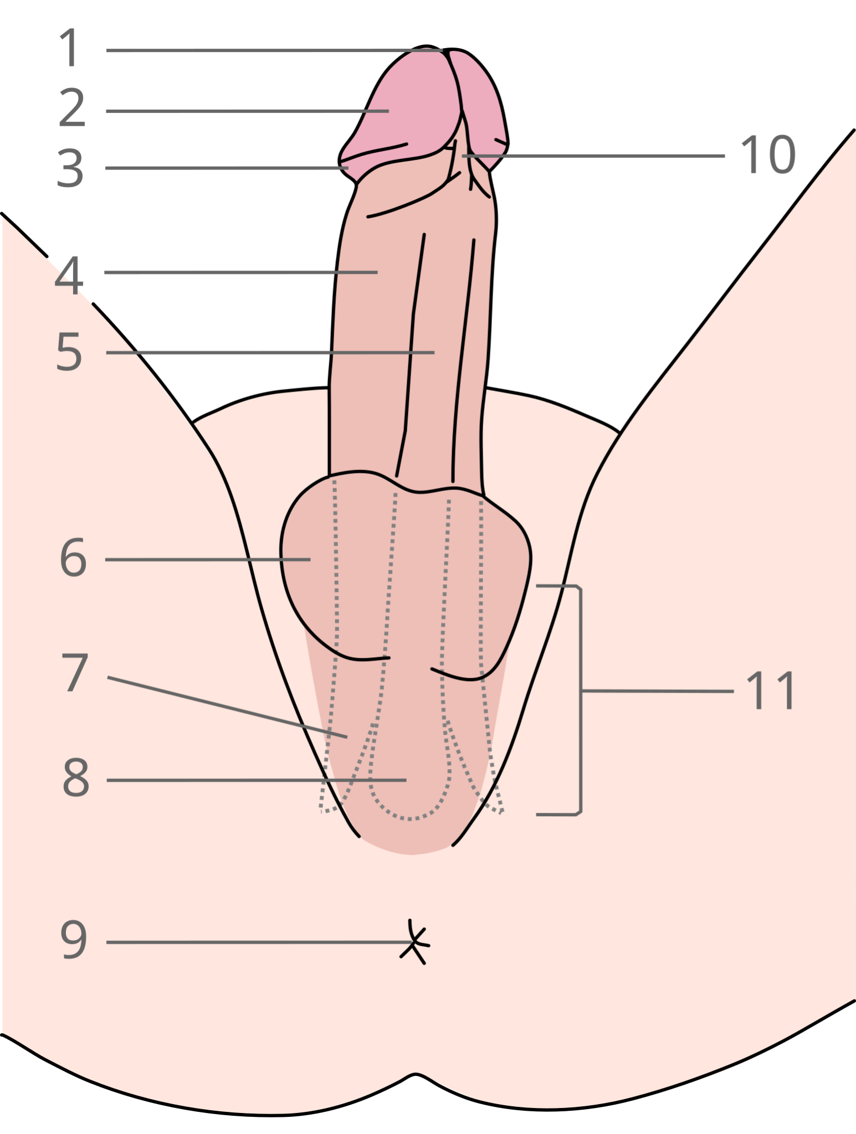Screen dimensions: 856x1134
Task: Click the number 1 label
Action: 70,48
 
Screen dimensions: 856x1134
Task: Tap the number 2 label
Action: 72,107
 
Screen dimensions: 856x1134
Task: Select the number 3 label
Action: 70,168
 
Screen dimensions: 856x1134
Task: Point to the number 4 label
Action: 69,275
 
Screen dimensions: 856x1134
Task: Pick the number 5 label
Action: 69,352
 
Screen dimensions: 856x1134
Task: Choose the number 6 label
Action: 73,558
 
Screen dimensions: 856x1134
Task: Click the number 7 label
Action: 75,672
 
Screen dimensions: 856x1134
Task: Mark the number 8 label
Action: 76,778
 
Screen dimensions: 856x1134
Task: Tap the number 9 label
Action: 74,939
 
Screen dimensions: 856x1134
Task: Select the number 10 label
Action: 768,154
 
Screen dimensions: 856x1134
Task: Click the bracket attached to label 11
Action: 581,700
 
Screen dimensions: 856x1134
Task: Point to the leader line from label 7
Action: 227,707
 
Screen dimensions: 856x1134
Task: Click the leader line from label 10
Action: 593,156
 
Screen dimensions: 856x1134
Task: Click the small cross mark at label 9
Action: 414,942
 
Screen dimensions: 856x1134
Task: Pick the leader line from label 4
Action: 241,272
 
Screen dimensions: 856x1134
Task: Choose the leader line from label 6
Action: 208,560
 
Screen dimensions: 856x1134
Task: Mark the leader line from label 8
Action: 257,780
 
